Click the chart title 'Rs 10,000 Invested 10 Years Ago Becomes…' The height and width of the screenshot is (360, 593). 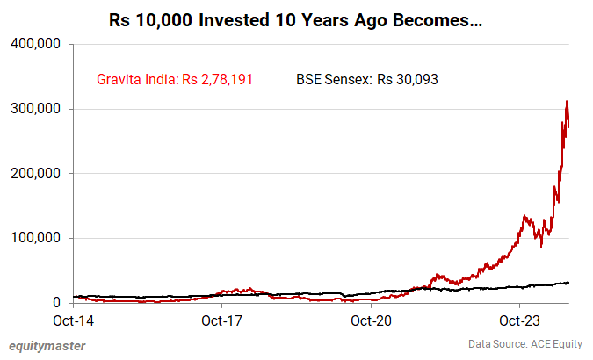tap(295, 18)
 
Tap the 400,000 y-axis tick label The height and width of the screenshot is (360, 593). tap(34, 44)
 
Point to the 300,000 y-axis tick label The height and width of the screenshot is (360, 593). tap(34, 109)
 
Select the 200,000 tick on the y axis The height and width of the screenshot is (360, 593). tap(34, 174)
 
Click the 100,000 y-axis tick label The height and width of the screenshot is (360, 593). tap(34, 238)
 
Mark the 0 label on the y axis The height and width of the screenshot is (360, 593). tap(55, 303)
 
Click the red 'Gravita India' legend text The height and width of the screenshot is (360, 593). tap(136, 80)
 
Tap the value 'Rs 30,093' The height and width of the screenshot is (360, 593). tap(408, 80)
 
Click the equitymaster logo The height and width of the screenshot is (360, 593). tap(47, 346)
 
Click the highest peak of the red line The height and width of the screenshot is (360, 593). tap(567, 101)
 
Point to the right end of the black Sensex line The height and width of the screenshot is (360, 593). tap(569, 282)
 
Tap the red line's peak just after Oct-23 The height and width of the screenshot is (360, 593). tap(524, 215)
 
